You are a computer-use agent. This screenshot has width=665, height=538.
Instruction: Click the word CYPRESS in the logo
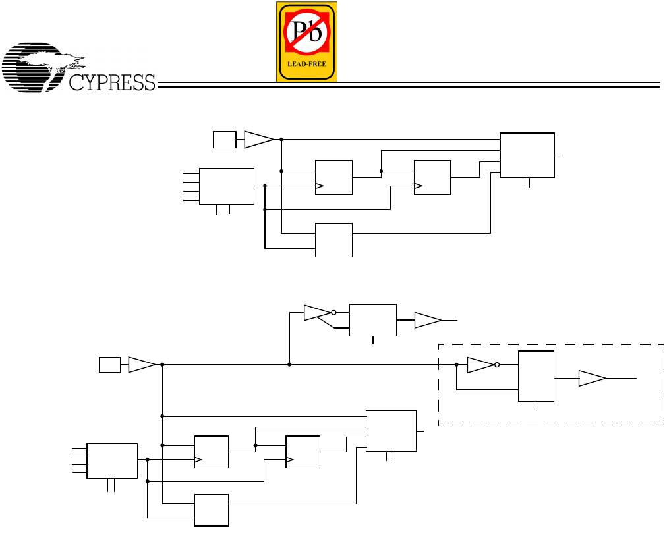pyautogui.click(x=112, y=82)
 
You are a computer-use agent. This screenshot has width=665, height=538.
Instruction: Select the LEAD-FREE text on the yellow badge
pyautogui.click(x=306, y=64)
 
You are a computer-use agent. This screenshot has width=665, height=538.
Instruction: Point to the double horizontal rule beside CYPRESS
pyautogui.click(x=409, y=84)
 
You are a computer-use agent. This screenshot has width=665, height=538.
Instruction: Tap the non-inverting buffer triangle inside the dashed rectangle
pyautogui.click(x=591, y=378)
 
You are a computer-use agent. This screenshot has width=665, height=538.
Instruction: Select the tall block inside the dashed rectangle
pyautogui.click(x=536, y=376)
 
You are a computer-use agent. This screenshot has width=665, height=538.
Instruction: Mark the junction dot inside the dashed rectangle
pyautogui.click(x=457, y=364)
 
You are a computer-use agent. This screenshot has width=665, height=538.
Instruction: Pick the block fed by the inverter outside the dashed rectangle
pyautogui.click(x=373, y=320)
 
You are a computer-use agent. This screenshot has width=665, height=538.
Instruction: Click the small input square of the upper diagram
pyautogui.click(x=223, y=139)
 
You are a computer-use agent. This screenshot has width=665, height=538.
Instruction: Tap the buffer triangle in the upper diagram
pyautogui.click(x=258, y=139)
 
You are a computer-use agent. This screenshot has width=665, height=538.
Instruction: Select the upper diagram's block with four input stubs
pyautogui.click(x=227, y=186)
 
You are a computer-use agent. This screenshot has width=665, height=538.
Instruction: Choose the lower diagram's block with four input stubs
pyautogui.click(x=112, y=460)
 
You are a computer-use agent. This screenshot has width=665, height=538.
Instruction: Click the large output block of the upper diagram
pyautogui.click(x=527, y=155)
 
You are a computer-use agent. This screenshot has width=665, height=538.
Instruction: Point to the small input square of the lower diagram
pyautogui.click(x=109, y=364)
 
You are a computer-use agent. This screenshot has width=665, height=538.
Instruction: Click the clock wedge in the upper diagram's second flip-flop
pyautogui.click(x=418, y=187)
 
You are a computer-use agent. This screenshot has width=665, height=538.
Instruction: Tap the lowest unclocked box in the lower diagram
pyautogui.click(x=212, y=510)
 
